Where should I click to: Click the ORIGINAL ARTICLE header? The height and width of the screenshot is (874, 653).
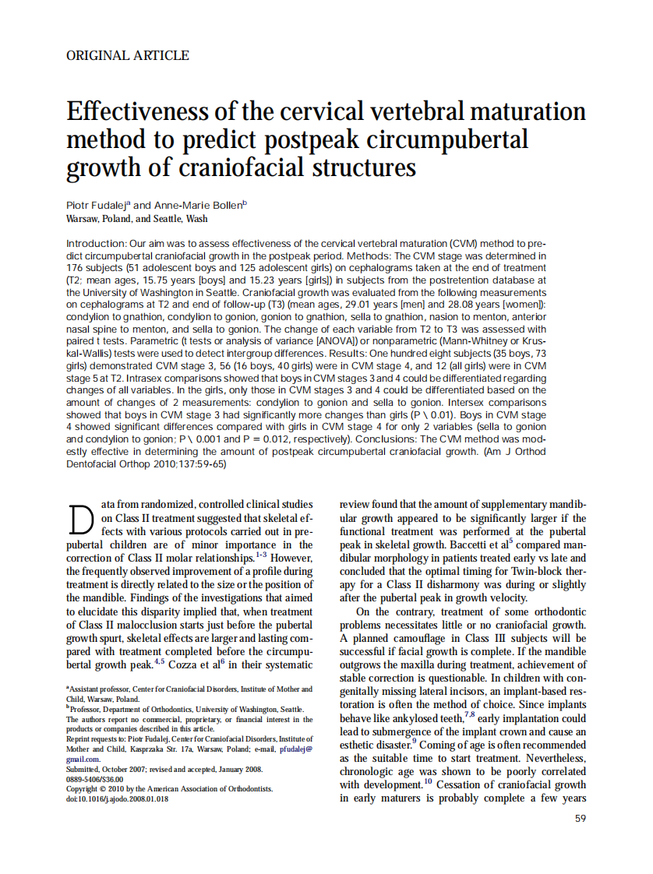128,55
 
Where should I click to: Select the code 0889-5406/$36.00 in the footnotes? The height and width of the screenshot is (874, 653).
94,778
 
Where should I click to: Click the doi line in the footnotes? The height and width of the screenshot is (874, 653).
116,798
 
